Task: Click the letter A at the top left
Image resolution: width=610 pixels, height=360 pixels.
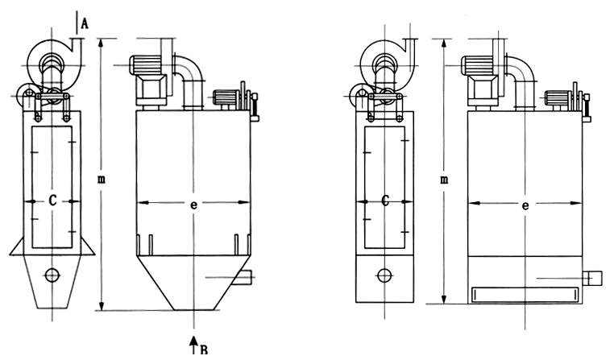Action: pos(85,23)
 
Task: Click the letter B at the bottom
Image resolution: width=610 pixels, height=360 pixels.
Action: pos(203,350)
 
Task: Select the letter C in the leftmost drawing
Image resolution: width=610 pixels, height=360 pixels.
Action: pos(52,201)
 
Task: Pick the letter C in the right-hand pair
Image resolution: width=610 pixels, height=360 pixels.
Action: pos(385,201)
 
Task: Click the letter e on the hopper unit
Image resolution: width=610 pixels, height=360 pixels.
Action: pos(193,205)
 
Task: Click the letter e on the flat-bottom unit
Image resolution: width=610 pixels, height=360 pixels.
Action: pos(525,205)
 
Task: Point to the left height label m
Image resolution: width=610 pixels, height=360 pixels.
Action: pos(102,180)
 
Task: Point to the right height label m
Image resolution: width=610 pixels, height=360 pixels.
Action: pos(444,180)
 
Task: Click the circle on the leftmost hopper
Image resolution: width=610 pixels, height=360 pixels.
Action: pos(52,275)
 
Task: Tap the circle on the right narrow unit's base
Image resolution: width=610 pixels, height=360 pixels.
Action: pos(384,275)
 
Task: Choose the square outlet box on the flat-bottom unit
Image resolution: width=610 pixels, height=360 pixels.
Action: pos(592,279)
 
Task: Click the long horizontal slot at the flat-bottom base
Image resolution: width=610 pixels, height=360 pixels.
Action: pos(525,294)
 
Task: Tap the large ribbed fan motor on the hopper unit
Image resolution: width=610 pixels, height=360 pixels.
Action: pos(145,65)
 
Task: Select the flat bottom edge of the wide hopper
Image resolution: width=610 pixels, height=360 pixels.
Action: pos(193,310)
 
